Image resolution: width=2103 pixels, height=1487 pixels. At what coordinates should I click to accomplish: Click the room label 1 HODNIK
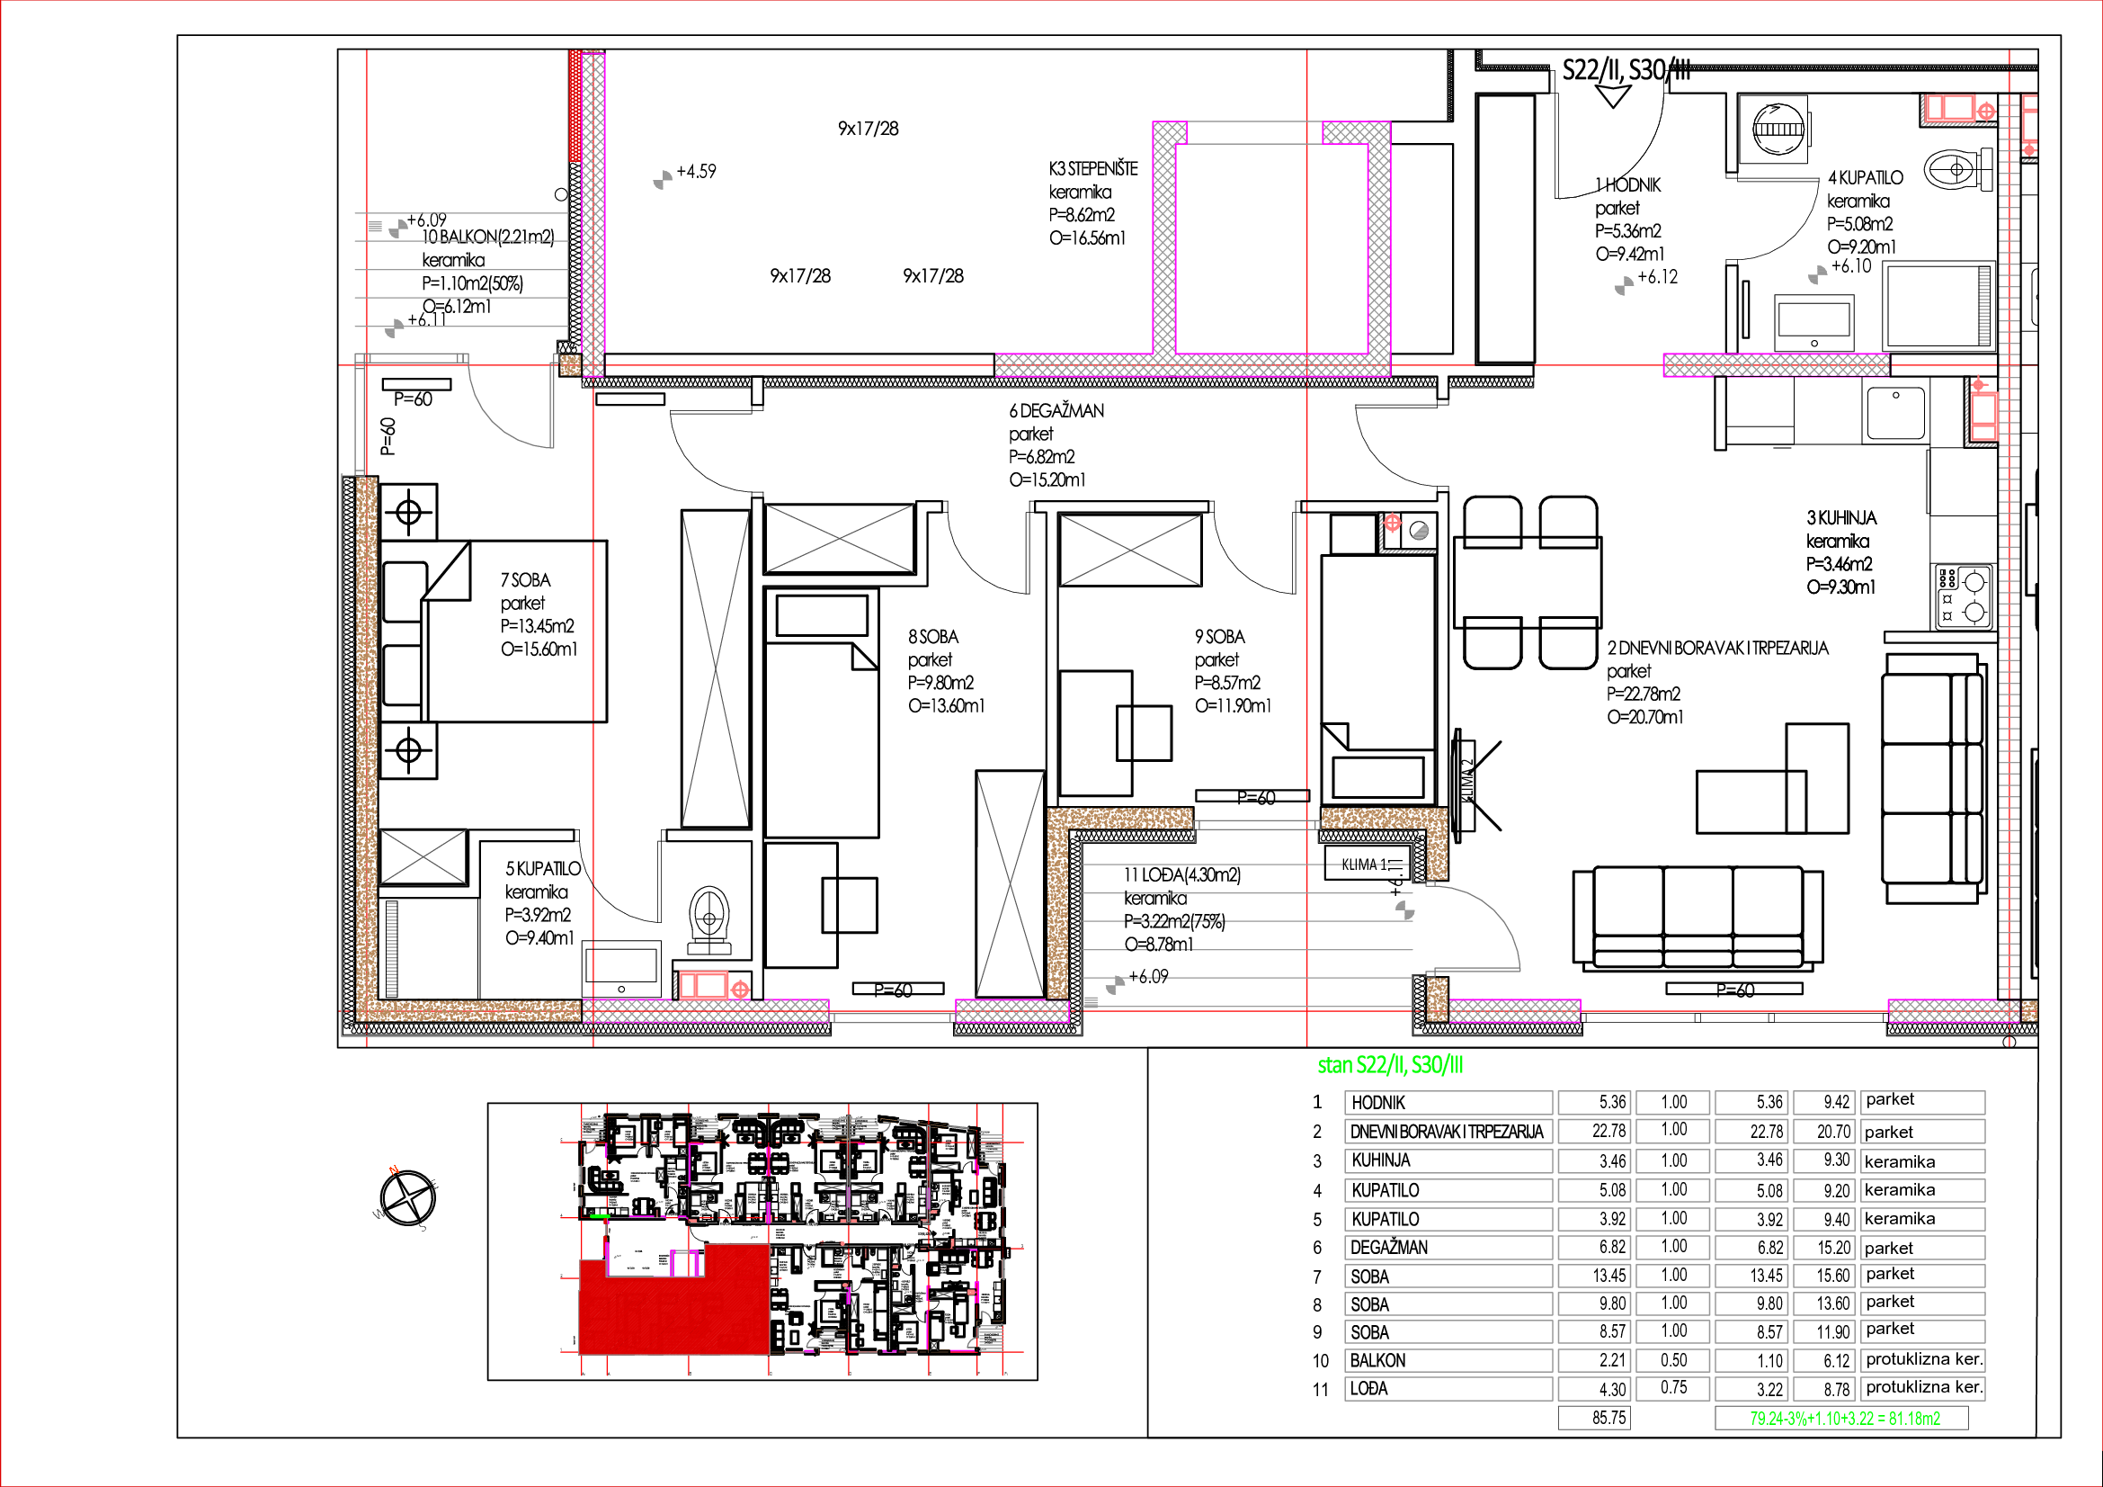click(x=1627, y=185)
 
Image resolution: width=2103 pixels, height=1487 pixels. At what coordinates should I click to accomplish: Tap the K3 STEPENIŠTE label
click(x=1093, y=169)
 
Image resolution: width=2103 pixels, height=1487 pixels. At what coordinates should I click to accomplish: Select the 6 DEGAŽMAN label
click(x=1057, y=411)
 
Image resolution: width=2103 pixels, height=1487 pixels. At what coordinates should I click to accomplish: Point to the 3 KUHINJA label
click(x=1841, y=518)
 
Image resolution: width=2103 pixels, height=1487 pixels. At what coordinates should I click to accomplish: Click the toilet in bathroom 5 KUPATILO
click(x=708, y=915)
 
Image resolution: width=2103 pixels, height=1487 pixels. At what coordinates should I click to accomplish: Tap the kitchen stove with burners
click(x=1964, y=596)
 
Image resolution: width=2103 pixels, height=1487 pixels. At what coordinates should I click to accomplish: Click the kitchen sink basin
click(x=1895, y=411)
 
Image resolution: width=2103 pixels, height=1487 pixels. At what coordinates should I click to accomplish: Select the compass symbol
click(x=406, y=1196)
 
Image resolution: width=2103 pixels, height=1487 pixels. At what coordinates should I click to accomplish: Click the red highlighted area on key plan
click(x=673, y=1305)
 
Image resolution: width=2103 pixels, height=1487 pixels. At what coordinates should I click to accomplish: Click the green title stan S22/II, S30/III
click(x=1390, y=1064)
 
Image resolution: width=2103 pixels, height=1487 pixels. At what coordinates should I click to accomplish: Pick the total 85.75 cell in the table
click(x=1608, y=1419)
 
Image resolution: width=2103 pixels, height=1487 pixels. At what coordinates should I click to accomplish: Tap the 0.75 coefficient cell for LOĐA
click(x=1673, y=1388)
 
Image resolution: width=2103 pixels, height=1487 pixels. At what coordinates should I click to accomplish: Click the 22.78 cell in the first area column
click(x=1608, y=1132)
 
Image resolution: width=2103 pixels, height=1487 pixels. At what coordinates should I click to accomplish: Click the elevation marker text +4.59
click(x=696, y=171)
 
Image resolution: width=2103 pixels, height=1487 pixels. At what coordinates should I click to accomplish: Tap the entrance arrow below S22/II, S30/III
click(x=1612, y=95)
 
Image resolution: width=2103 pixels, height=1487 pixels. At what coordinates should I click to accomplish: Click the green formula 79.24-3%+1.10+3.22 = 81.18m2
click(x=1844, y=1419)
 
